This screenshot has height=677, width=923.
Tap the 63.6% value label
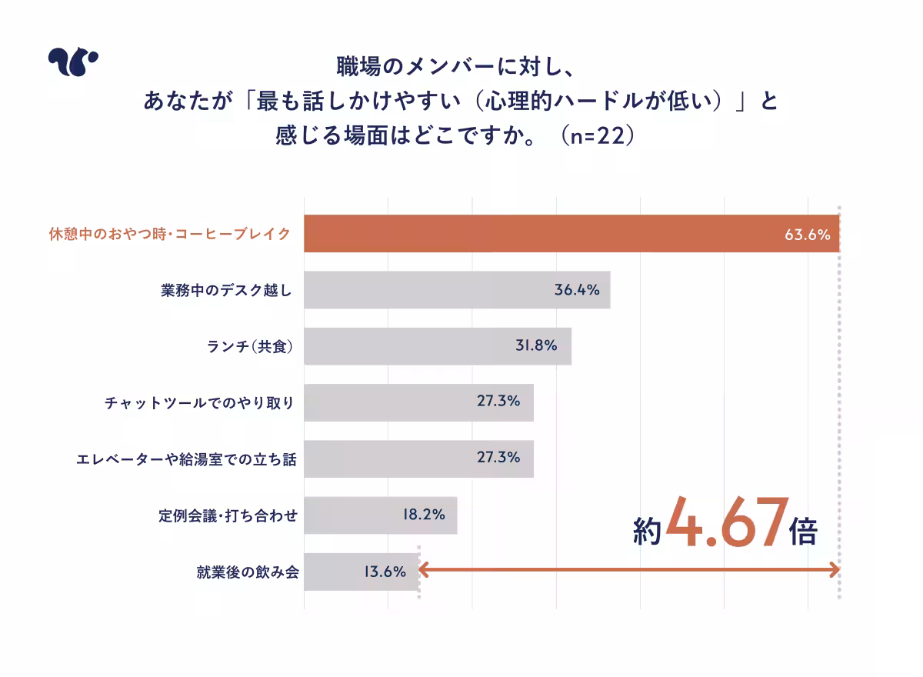click(x=807, y=235)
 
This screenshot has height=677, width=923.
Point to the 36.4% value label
click(x=577, y=290)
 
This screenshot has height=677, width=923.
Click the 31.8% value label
click(x=536, y=346)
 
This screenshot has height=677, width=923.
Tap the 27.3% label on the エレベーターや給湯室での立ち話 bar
click(x=498, y=457)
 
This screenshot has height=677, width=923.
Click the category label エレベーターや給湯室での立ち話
click(x=186, y=459)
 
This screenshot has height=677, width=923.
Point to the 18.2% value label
click(x=423, y=515)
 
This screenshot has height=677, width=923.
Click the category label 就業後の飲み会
click(x=247, y=572)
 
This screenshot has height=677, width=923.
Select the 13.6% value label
click(x=384, y=572)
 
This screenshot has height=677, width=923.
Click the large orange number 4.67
click(x=727, y=522)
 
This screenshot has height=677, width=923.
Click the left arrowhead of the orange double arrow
click(x=423, y=570)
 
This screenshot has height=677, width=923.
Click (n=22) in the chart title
click(x=597, y=136)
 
